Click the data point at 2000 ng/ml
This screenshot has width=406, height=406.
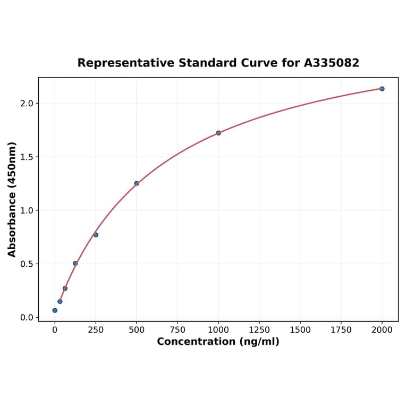coord(382,89)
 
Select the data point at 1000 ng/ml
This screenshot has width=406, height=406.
coord(218,133)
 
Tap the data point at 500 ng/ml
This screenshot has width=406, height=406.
coord(137,183)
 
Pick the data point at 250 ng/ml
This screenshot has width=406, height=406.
coord(96,235)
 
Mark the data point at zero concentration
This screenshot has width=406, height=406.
coord(55,310)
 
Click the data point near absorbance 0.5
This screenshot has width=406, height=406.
coord(75,264)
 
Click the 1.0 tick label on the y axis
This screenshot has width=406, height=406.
coord(27,210)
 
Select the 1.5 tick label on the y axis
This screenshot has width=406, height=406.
coord(27,157)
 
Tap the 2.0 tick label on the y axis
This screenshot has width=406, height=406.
coord(27,103)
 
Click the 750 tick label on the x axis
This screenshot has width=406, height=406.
coord(177,330)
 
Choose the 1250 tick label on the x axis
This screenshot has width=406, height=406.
coord(259,330)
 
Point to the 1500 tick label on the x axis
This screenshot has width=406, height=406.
coord(300,330)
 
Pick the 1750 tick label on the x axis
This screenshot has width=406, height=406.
coord(341,330)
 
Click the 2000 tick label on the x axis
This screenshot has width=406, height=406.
coord(382,330)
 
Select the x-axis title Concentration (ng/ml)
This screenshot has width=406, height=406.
coord(218,342)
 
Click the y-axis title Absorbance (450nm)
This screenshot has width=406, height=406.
coord(12,199)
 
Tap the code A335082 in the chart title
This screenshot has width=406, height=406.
coord(332,63)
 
